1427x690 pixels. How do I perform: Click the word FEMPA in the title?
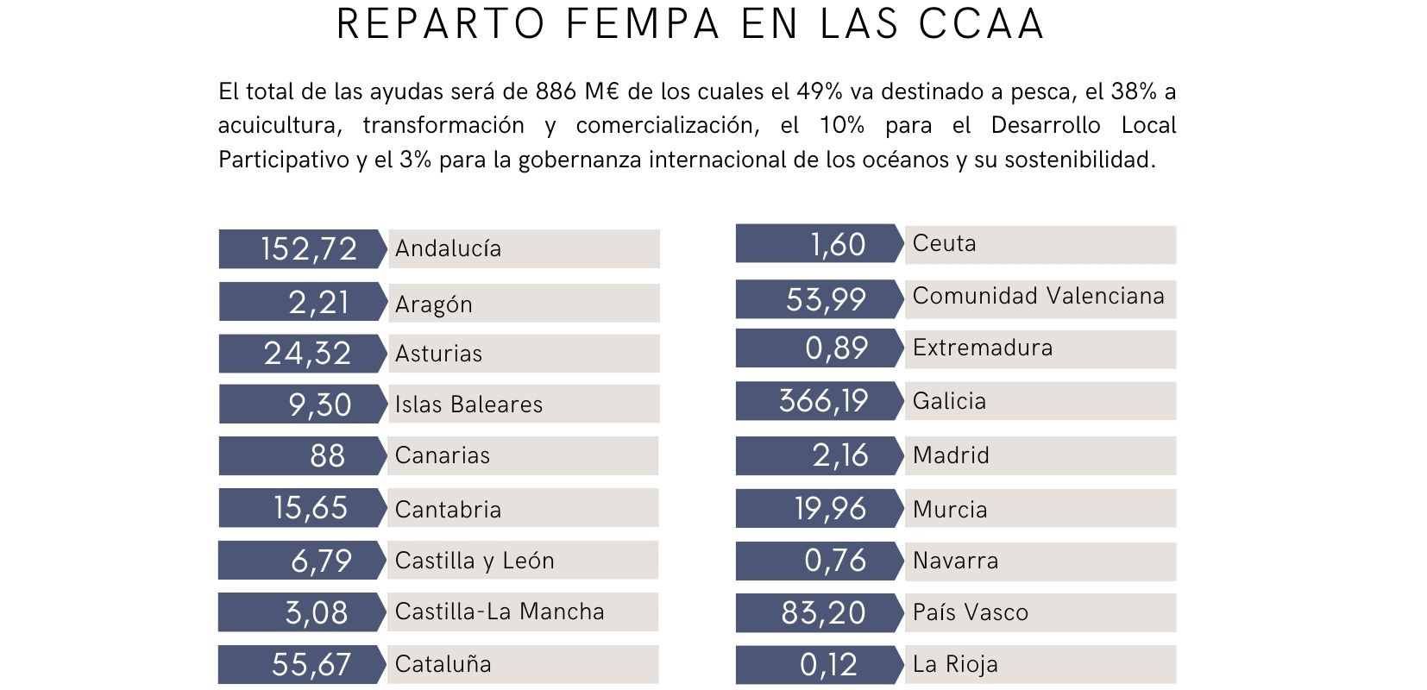(x=642, y=24)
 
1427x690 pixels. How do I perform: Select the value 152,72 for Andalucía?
(x=308, y=248)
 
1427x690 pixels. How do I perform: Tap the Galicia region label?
(x=949, y=401)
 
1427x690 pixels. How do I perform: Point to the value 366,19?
(x=823, y=401)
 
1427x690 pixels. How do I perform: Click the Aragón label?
(x=434, y=304)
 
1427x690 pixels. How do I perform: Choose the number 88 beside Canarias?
(x=327, y=455)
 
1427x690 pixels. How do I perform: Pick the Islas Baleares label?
(x=468, y=405)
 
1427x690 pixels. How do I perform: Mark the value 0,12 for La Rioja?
(x=828, y=664)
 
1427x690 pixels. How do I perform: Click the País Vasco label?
(x=971, y=612)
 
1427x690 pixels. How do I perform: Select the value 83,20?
(x=823, y=612)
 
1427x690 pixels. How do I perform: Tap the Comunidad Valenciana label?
(x=1038, y=296)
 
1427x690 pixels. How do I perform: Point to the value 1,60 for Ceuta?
(x=838, y=245)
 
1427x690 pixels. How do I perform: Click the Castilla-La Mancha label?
(x=500, y=612)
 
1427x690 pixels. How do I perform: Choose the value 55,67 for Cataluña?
(x=311, y=664)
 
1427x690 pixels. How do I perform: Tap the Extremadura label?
(x=983, y=348)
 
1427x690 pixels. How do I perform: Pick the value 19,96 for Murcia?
(x=830, y=509)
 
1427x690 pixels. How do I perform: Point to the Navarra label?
(x=955, y=561)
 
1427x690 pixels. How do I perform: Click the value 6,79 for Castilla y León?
(x=321, y=561)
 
